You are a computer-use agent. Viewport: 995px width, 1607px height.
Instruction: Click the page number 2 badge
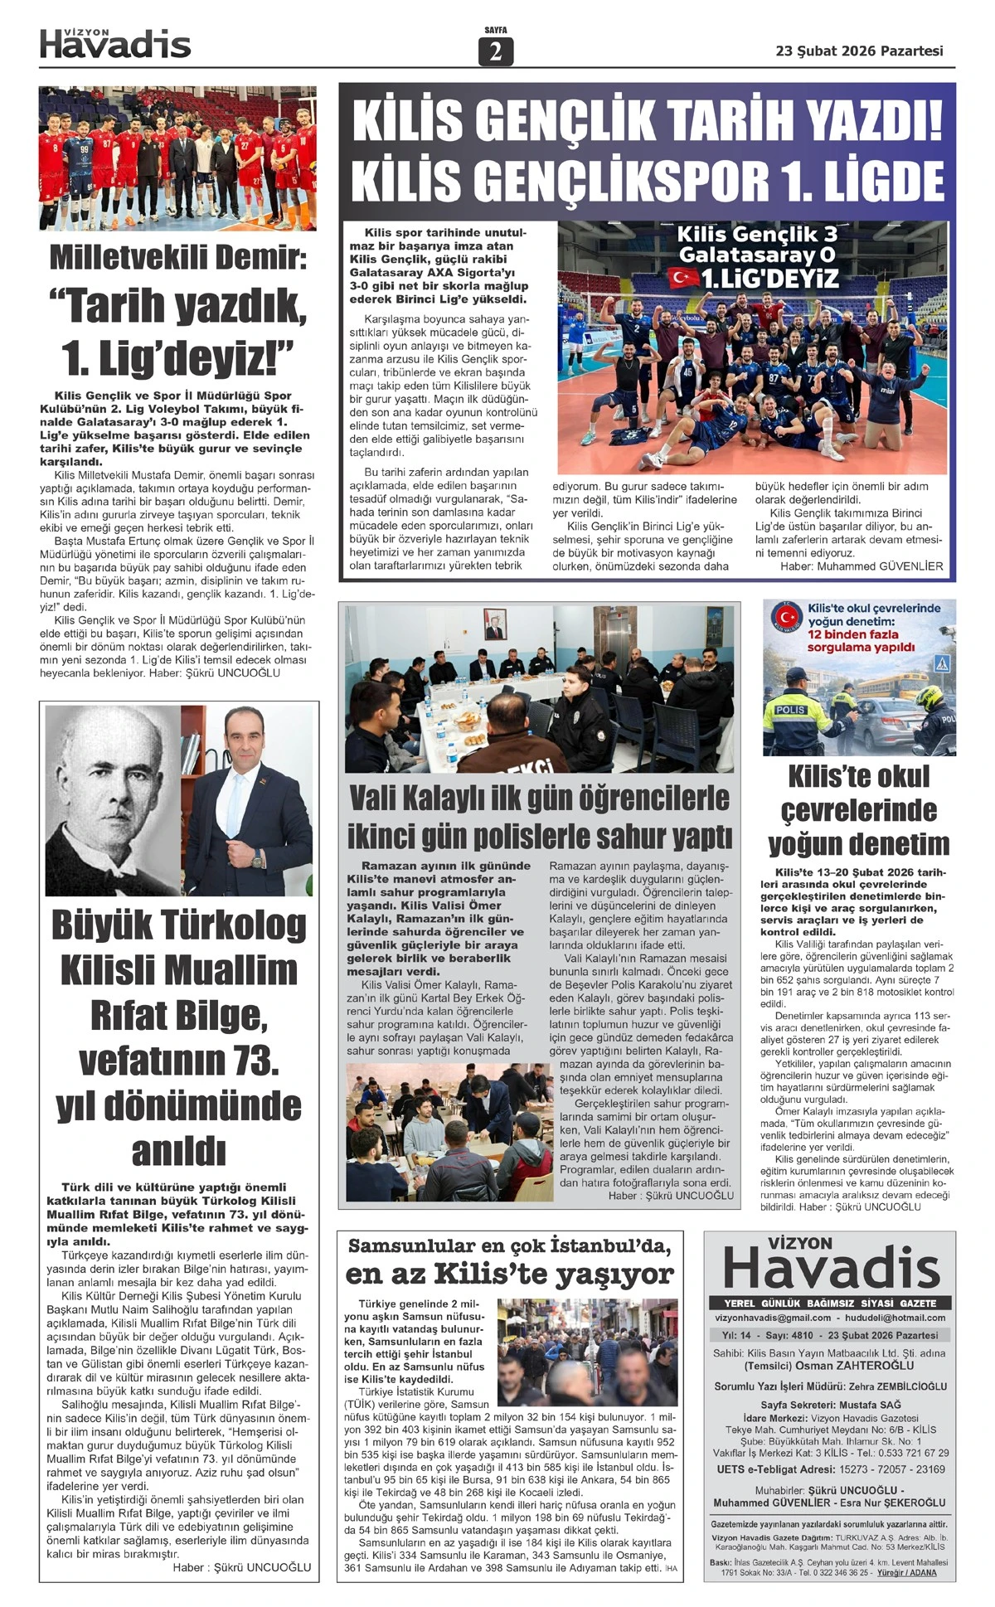click(x=496, y=51)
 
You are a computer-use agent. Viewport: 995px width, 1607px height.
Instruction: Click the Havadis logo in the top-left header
click(x=115, y=43)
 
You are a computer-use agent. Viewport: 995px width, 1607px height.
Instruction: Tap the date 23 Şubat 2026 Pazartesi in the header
click(x=859, y=51)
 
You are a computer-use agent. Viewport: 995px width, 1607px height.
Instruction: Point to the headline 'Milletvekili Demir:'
click(x=177, y=258)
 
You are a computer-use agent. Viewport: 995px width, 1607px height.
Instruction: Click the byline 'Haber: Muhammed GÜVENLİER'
click(x=862, y=566)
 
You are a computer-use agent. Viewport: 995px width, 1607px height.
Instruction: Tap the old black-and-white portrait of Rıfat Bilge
click(x=112, y=799)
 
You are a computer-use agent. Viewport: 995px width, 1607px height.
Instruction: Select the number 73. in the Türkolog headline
click(x=251, y=1061)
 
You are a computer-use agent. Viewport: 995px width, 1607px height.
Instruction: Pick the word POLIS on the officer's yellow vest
click(x=790, y=711)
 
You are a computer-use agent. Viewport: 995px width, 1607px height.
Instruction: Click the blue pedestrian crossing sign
click(x=942, y=663)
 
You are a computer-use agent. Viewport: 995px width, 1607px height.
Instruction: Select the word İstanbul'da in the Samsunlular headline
click(x=614, y=1246)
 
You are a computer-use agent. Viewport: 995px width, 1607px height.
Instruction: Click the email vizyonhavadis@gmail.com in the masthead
click(x=773, y=1318)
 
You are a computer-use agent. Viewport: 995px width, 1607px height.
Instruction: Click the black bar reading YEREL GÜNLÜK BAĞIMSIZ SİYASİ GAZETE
click(x=829, y=1303)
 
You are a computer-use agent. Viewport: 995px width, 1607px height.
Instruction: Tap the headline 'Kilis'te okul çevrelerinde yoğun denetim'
click(x=858, y=810)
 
